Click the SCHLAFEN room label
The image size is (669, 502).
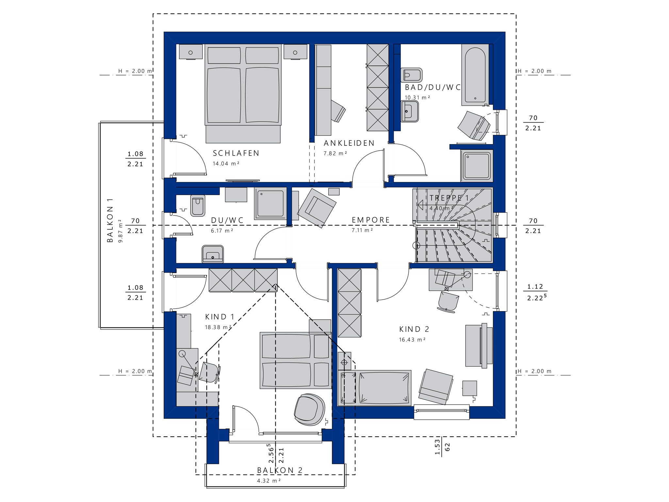pos(236,153)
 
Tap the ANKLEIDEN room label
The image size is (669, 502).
pos(349,143)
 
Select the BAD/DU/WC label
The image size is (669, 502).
pos(433,87)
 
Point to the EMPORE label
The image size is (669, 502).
pos(371,220)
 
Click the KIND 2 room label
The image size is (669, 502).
pos(414,329)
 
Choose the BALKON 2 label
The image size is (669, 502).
pos(280,470)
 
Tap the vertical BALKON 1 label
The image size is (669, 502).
pos(110,220)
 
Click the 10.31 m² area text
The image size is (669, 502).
pos(417,97)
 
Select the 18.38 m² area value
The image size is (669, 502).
pos(218,327)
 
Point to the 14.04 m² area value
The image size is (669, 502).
pos(226,163)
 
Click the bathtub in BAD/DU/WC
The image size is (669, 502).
pos(475,75)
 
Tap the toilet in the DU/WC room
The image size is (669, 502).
pos(197,206)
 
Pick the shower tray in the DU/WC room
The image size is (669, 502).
pos(270,204)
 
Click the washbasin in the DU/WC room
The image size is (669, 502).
pos(213,254)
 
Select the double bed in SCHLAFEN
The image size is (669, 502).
pos(243,93)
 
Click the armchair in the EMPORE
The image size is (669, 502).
pos(317,208)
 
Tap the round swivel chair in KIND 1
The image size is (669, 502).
pos(309,410)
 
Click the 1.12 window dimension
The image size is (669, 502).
pos(535,287)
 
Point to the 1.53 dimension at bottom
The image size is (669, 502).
pos(437,447)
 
